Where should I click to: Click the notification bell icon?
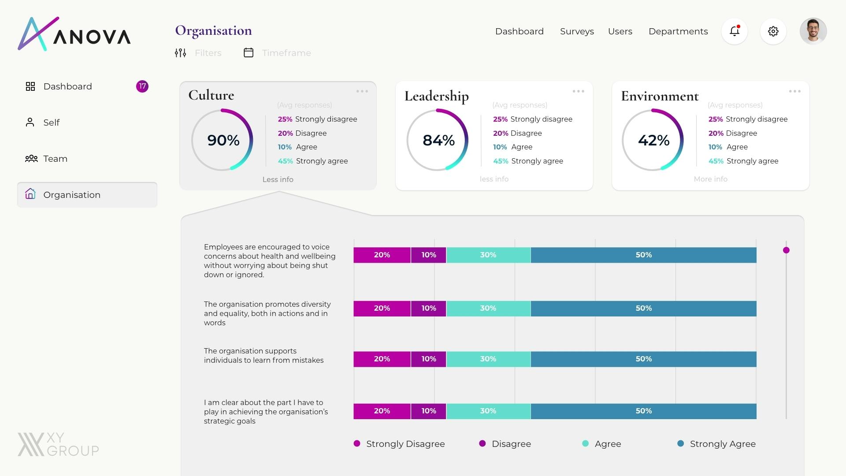click(x=734, y=31)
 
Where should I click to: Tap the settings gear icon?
click(x=773, y=31)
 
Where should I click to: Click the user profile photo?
click(x=813, y=31)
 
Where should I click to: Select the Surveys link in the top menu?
click(x=577, y=31)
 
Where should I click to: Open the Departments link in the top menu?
click(x=678, y=31)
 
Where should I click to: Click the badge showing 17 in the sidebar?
click(x=142, y=86)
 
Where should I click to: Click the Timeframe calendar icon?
click(x=249, y=53)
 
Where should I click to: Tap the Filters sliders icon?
click(x=180, y=53)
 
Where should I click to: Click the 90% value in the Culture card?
click(x=223, y=140)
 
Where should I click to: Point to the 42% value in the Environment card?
click(x=653, y=140)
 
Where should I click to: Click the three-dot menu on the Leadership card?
click(x=578, y=91)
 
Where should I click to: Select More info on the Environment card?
click(x=710, y=179)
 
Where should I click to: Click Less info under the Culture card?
click(x=278, y=179)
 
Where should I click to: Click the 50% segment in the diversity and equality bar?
click(x=643, y=309)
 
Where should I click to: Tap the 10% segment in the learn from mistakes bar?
click(x=428, y=359)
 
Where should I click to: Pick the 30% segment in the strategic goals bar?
click(x=488, y=411)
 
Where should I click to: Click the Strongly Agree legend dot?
click(x=680, y=443)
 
